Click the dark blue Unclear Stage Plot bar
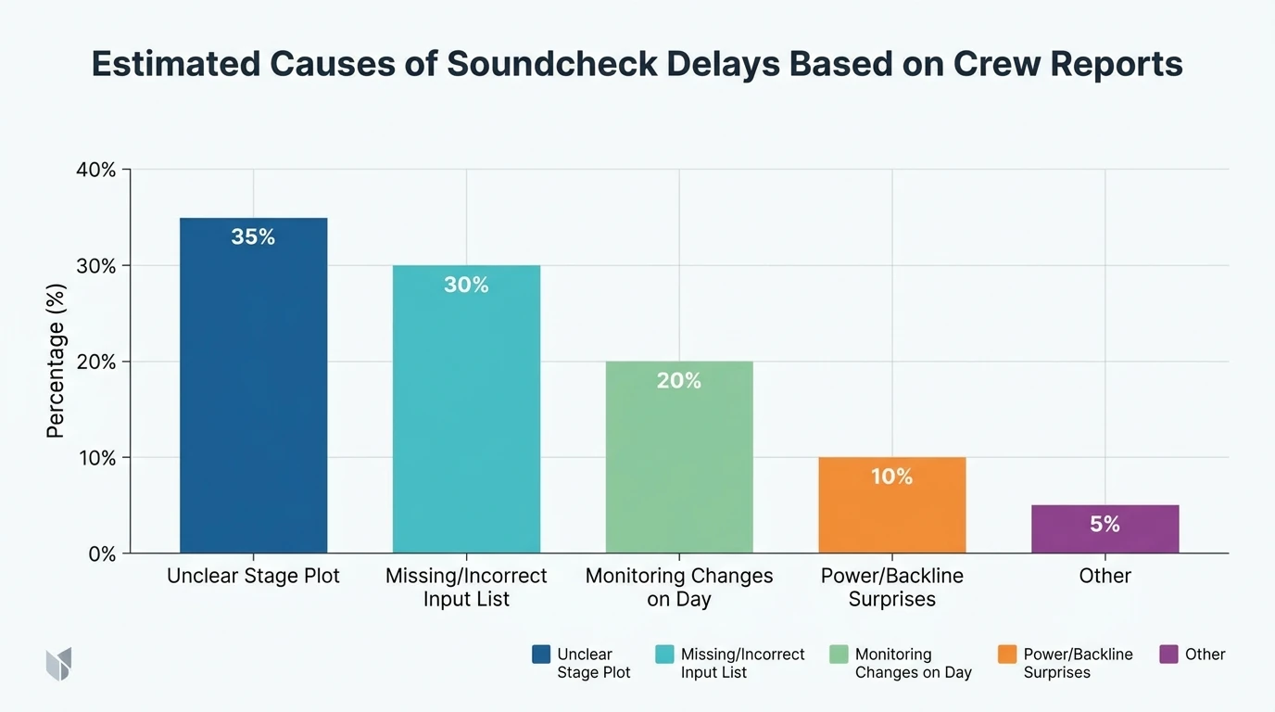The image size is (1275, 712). coord(253,389)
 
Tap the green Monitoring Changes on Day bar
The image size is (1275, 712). coord(679,464)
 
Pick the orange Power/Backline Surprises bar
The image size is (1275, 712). coord(891,510)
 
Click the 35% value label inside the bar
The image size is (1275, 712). coord(253,237)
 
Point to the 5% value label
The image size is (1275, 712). coord(1105,525)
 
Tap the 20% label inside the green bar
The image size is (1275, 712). coord(679,381)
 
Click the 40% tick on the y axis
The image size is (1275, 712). coord(95,170)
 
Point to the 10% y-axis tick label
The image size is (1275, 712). coord(95,458)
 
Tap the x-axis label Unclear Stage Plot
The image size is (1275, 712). coord(253,576)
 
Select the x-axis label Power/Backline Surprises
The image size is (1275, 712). coord(891,587)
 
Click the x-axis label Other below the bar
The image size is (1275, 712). coord(1105,576)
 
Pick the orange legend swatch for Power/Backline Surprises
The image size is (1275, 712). coord(1007,655)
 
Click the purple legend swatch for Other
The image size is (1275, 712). coord(1168,655)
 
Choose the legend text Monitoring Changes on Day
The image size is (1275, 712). coord(913,663)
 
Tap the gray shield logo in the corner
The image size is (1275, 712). coord(58,664)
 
